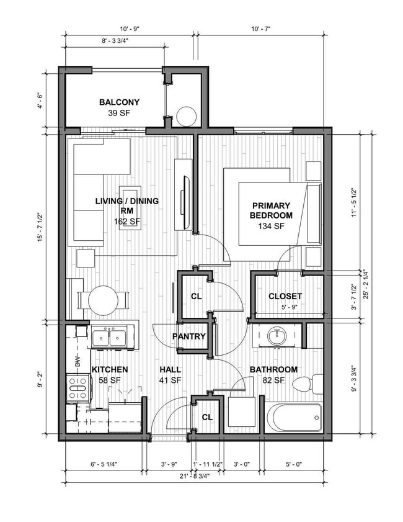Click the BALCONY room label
click(119, 102)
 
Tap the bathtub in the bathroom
click(294, 417)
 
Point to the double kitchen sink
click(109, 338)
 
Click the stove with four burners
click(77, 392)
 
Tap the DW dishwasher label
click(78, 361)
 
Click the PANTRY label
click(189, 336)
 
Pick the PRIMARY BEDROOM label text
click(271, 210)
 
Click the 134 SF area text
click(271, 226)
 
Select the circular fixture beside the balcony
click(185, 116)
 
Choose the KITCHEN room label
click(110, 369)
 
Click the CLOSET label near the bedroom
click(285, 296)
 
